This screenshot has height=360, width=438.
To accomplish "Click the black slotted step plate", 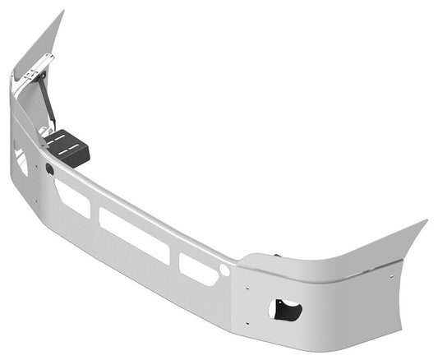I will coord(68,150).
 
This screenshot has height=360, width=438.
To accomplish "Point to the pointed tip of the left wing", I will coord(62,12).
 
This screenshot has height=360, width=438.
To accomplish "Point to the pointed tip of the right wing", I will coord(425,221).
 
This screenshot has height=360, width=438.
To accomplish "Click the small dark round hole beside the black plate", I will coord(50,168).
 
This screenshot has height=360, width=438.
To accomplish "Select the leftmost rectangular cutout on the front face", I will coord(73,198).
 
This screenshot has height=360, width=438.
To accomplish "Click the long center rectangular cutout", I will coord(134,235).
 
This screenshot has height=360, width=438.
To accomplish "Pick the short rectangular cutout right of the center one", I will coord(198,269).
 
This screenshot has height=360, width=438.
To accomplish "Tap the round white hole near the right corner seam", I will coord(224,270).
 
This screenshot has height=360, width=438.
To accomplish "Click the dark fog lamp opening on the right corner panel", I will coord(284,310).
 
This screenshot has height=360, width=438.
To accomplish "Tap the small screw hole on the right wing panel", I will coord(399,265).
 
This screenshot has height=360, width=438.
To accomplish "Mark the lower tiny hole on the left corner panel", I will coord(36,200).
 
